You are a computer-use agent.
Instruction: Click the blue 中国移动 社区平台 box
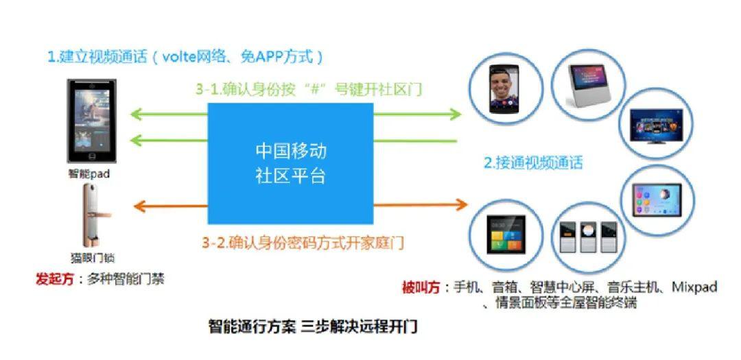click(x=290, y=163)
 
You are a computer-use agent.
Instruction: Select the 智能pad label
click(x=89, y=174)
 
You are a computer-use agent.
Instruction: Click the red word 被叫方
click(x=420, y=287)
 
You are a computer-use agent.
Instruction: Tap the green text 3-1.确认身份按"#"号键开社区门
click(x=318, y=89)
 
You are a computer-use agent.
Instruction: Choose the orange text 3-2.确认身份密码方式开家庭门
click(x=303, y=242)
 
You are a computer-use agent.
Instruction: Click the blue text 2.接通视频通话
click(x=533, y=163)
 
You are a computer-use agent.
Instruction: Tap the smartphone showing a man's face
click(x=501, y=89)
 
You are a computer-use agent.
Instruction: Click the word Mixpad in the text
click(x=694, y=287)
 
